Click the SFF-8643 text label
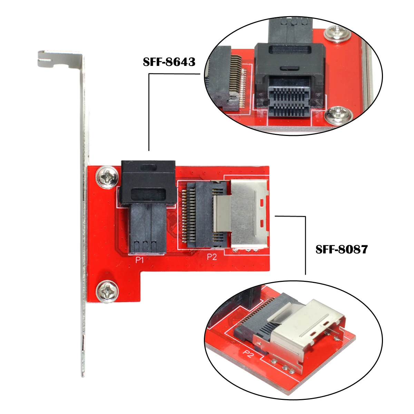click(x=169, y=62)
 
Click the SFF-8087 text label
click(x=342, y=249)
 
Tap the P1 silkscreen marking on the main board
click(x=139, y=260)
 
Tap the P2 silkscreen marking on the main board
click(x=211, y=257)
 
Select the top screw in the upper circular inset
click(x=336, y=34)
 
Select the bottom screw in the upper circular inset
click(x=338, y=116)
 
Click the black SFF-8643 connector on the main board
click(x=148, y=206)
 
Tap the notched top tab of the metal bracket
click(x=59, y=59)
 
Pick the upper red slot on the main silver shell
click(x=262, y=203)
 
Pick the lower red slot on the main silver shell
click(x=262, y=224)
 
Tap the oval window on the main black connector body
click(x=148, y=193)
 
